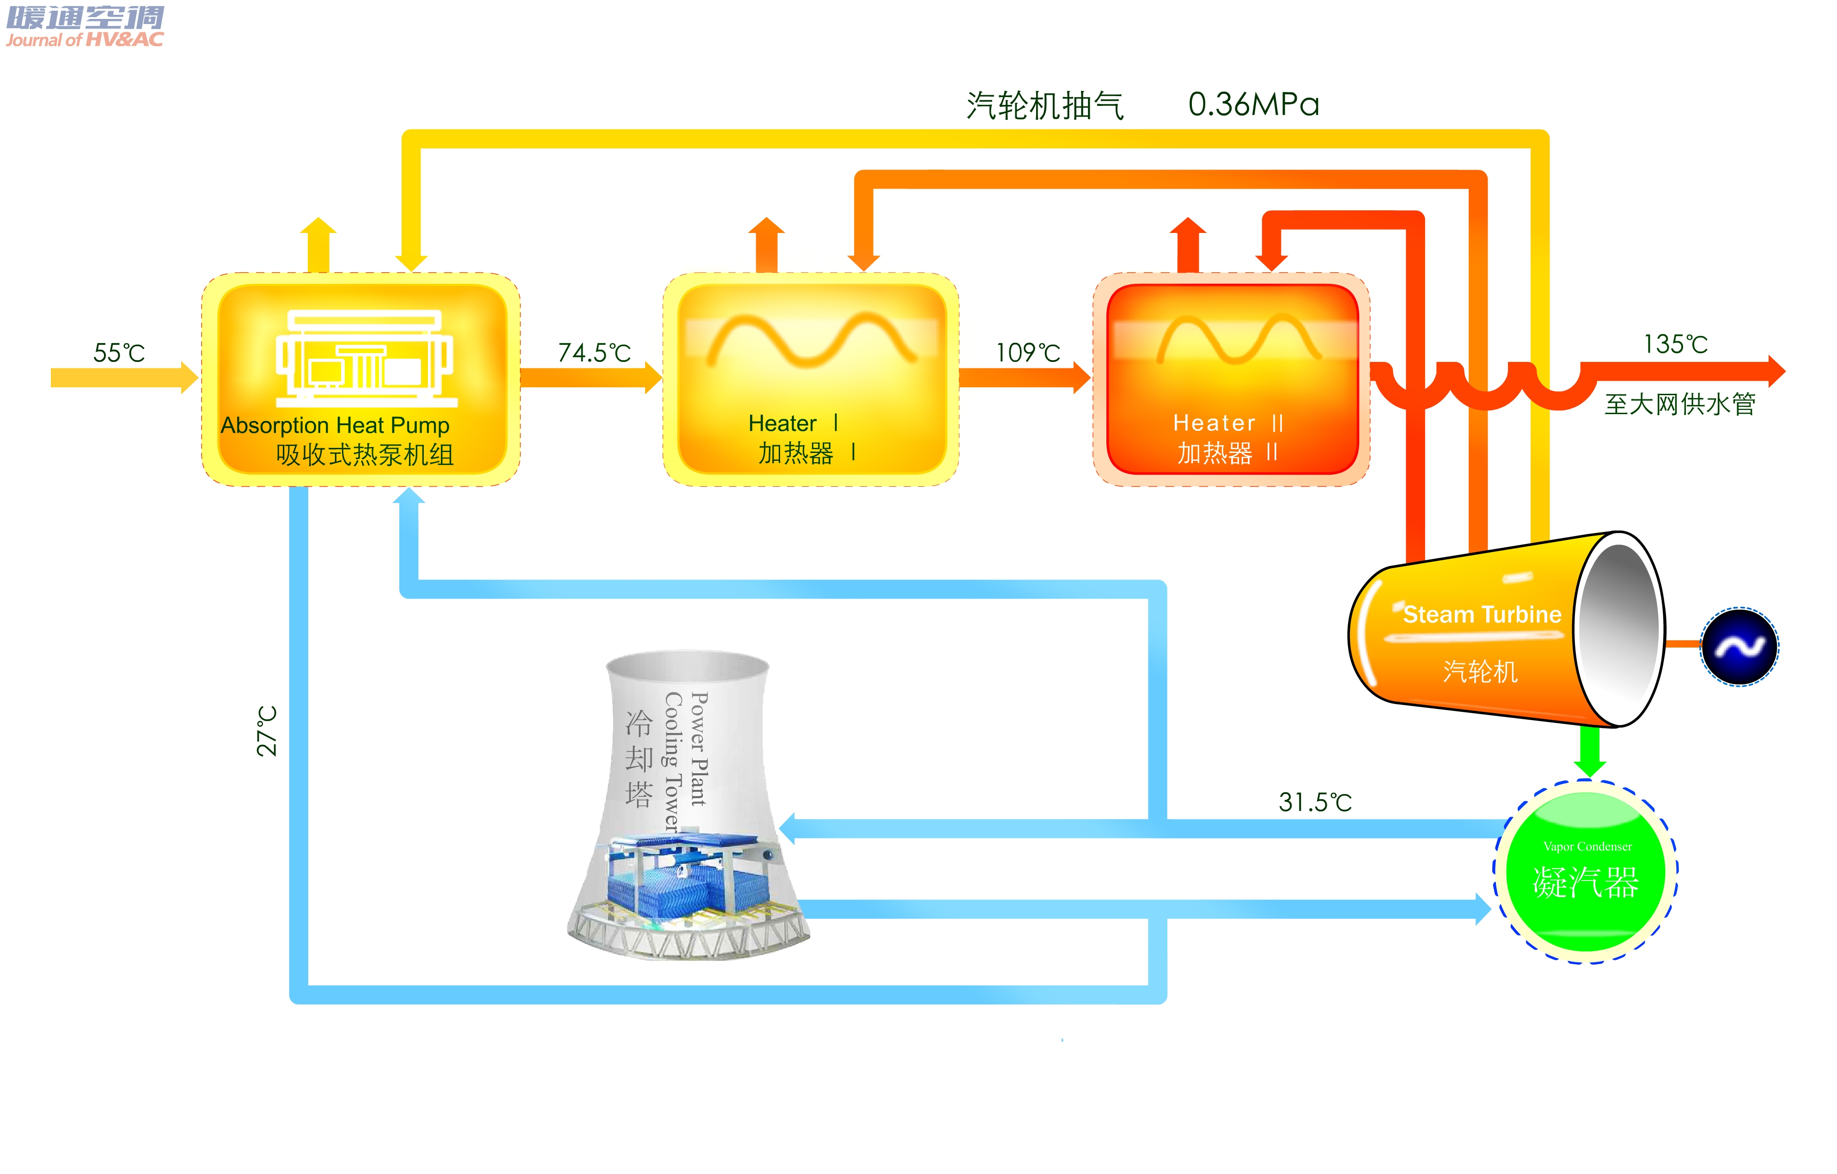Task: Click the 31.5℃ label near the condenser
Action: pyautogui.click(x=1315, y=802)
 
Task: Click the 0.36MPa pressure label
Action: pyautogui.click(x=1253, y=104)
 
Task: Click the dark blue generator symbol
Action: pyautogui.click(x=1739, y=647)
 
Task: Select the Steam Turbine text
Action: pyautogui.click(x=1482, y=614)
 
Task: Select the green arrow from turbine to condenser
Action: pyautogui.click(x=1590, y=752)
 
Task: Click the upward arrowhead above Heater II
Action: pyautogui.click(x=1188, y=229)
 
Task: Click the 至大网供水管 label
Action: pyautogui.click(x=1680, y=404)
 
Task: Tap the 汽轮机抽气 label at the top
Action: pyautogui.click(x=1045, y=106)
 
